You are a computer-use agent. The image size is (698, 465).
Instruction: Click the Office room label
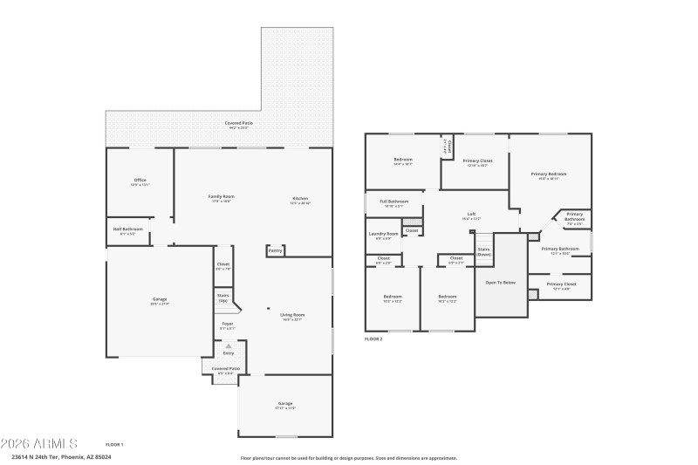[140, 181]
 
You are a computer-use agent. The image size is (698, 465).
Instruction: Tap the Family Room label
[221, 197]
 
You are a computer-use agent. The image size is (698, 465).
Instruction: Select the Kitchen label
[299, 199]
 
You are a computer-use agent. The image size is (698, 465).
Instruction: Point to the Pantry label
[275, 251]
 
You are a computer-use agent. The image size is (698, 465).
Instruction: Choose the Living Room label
[291, 316]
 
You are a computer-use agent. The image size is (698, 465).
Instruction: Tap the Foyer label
[227, 325]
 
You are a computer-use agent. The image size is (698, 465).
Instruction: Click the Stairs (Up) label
[223, 297]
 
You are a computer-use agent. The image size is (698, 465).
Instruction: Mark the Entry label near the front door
[229, 352]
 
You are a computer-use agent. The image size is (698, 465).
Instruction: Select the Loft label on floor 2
[471, 215]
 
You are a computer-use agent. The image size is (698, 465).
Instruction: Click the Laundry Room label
[383, 234]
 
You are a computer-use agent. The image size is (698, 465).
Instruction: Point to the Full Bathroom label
[393, 202]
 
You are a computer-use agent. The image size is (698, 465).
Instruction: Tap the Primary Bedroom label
[549, 174]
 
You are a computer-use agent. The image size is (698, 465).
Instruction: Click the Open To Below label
[500, 283]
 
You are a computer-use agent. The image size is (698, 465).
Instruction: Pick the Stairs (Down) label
[483, 251]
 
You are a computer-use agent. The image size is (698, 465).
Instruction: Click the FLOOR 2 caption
[373, 338]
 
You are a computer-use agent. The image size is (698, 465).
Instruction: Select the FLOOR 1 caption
[114, 445]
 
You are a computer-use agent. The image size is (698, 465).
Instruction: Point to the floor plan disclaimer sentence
[348, 457]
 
